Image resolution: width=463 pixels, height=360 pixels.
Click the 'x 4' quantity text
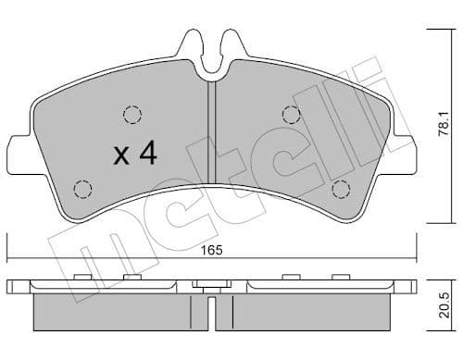tap(134, 154)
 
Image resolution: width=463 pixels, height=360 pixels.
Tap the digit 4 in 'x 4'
tap(147, 154)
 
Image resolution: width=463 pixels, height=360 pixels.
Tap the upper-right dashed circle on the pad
tap(291, 115)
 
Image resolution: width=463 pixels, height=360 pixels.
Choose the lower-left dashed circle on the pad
tap(81, 189)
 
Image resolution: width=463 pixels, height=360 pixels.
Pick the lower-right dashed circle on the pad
tap(341, 189)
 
